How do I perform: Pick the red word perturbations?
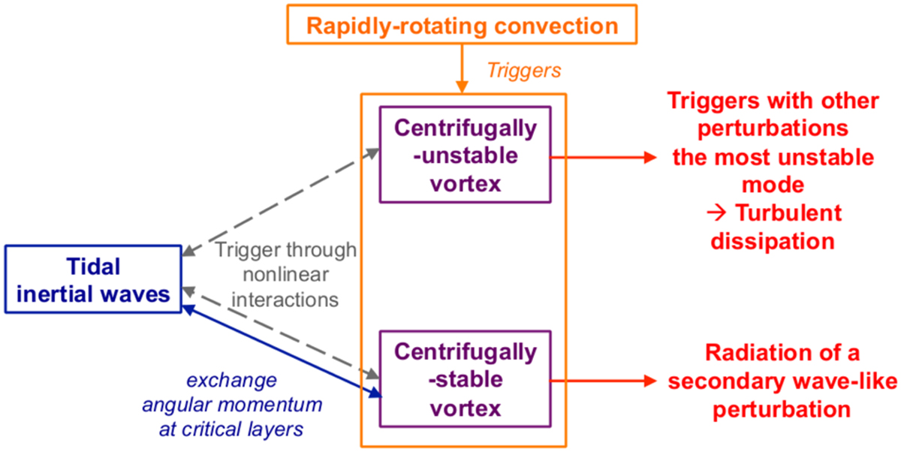[773, 129]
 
